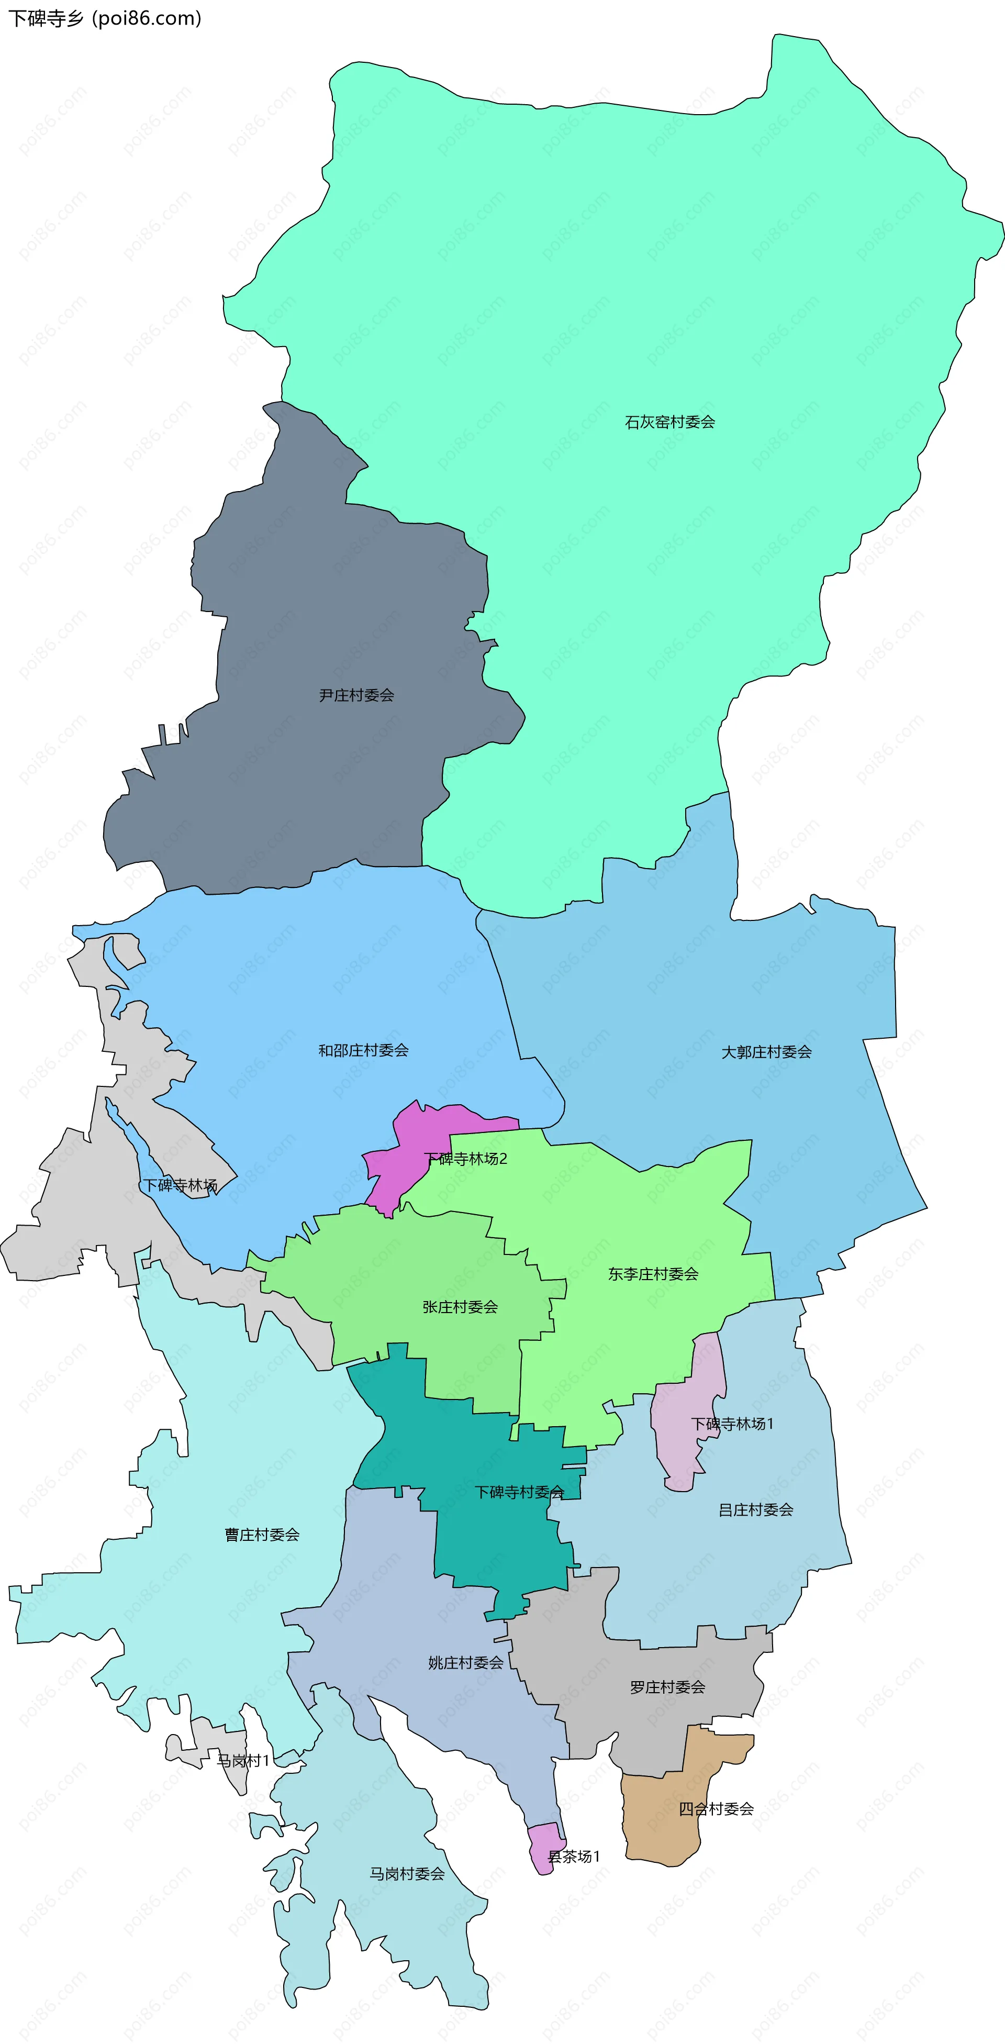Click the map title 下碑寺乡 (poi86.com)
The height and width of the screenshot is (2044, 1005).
click(x=105, y=18)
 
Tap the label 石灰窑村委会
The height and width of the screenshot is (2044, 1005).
click(x=669, y=422)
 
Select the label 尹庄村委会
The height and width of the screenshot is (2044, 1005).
click(x=356, y=695)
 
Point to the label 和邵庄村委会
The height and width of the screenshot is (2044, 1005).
click(x=363, y=1051)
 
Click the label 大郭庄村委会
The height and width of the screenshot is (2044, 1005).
click(x=766, y=1052)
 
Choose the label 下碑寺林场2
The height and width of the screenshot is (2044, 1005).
click(x=466, y=1159)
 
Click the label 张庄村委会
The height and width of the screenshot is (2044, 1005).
click(x=460, y=1307)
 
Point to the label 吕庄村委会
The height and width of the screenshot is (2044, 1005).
click(x=755, y=1509)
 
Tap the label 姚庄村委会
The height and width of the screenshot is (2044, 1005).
click(x=466, y=1662)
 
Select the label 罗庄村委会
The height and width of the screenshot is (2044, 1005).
click(x=667, y=1687)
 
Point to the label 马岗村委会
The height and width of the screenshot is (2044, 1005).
click(x=407, y=1873)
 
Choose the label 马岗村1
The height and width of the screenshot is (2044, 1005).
click(x=243, y=1761)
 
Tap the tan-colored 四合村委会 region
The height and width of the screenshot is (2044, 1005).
click(x=662, y=1825)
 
